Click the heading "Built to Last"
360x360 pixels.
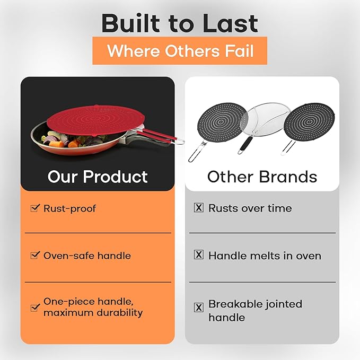point(180,23)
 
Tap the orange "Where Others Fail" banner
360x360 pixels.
point(180,51)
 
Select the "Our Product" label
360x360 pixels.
point(98,177)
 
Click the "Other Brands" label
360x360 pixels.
point(262,177)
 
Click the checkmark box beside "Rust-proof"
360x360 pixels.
point(36,208)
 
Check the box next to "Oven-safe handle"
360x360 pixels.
point(36,255)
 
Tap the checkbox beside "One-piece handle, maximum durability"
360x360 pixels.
point(36,306)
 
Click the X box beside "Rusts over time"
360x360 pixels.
point(199,208)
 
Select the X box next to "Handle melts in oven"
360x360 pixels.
point(199,255)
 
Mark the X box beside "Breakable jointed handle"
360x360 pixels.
point(199,307)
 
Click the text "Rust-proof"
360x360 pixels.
point(69,208)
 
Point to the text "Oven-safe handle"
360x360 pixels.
point(87,256)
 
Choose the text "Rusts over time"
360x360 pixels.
point(250,208)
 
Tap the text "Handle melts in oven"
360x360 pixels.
point(265,256)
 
